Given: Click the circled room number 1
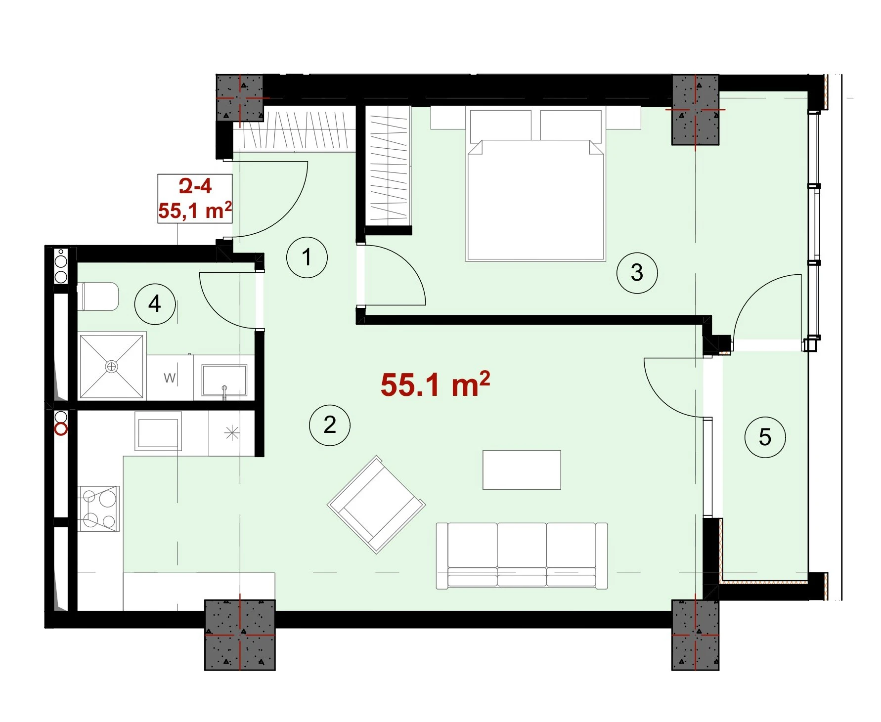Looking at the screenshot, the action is (x=307, y=257).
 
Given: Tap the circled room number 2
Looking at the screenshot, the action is (x=330, y=425).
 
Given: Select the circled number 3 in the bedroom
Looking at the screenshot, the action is (x=637, y=273).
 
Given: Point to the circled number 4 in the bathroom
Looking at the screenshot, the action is (x=155, y=303).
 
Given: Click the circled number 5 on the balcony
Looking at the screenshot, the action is (x=765, y=437).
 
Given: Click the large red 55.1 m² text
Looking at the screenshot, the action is (x=436, y=384).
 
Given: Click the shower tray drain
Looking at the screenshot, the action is (x=112, y=366).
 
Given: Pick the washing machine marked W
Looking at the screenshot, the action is (x=170, y=378).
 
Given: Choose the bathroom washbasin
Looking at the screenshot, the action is (x=224, y=381).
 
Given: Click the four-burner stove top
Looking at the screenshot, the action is (x=99, y=509).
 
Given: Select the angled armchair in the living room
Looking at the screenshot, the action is (x=376, y=505).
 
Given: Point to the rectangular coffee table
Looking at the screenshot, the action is (x=522, y=470).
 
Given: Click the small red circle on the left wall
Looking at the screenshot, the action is (x=61, y=429).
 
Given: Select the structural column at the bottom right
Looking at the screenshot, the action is (x=695, y=635).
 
